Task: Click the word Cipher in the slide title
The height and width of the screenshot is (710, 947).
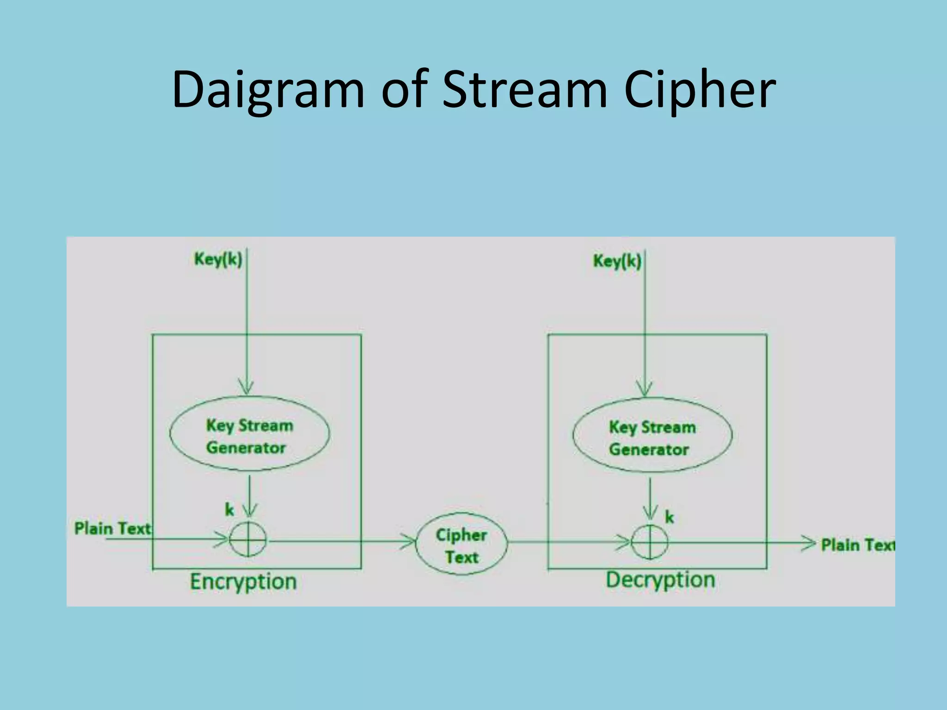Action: tap(700, 90)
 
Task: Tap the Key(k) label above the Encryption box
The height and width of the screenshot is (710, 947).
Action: tap(218, 259)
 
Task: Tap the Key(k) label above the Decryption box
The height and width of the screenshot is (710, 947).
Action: tap(617, 261)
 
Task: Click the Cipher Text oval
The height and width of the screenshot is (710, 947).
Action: tap(461, 545)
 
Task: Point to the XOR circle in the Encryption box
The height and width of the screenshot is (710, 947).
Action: tap(248, 539)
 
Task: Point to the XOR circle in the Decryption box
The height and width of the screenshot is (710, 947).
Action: tap(650, 542)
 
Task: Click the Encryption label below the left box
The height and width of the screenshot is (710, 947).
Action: tap(243, 581)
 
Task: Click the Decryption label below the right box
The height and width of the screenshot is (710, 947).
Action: tap(660, 580)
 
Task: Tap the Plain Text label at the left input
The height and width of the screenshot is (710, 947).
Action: tap(112, 528)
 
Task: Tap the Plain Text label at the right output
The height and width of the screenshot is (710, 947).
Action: tap(857, 545)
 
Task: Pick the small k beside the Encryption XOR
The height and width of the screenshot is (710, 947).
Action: tap(229, 510)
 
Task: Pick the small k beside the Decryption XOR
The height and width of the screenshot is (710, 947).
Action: tap(669, 517)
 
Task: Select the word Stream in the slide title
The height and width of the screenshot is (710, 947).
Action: tap(524, 90)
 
